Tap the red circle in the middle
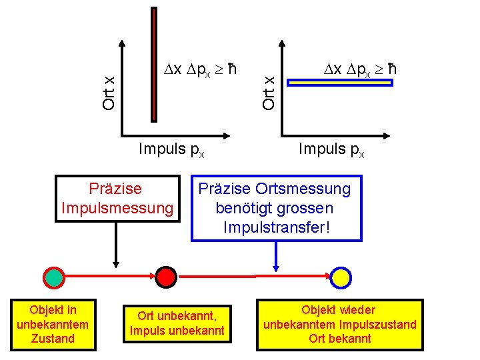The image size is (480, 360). (x=165, y=276)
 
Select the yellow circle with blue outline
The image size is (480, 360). (x=341, y=276)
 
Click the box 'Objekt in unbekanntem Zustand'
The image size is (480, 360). (x=53, y=324)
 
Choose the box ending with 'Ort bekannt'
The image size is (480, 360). (x=340, y=324)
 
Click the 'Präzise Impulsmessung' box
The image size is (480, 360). (x=117, y=199)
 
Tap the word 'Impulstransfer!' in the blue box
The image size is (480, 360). (x=278, y=227)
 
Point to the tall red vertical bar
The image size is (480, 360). (x=154, y=63)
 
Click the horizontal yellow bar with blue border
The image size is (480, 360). (x=341, y=83)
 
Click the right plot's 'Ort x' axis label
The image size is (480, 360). (x=269, y=91)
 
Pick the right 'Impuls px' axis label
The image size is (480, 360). (x=331, y=149)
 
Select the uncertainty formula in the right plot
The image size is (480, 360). (x=360, y=69)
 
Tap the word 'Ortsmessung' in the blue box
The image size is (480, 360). (x=310, y=189)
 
